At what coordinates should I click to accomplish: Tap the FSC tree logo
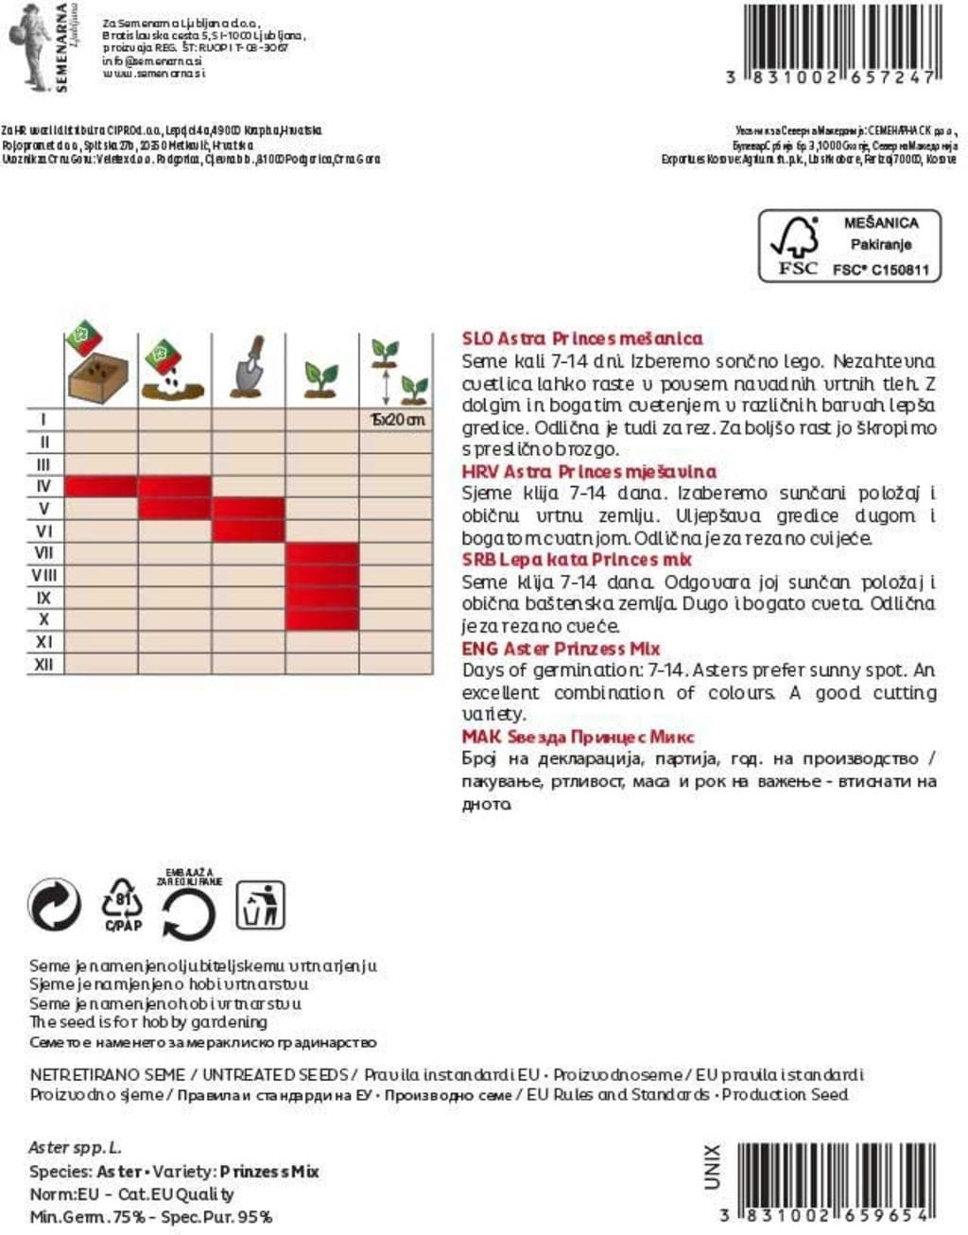click(795, 245)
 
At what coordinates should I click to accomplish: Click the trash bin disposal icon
click(260, 905)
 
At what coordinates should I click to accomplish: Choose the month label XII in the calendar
click(43, 664)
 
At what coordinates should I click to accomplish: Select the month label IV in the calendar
click(43, 486)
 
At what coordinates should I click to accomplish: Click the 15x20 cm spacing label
click(397, 419)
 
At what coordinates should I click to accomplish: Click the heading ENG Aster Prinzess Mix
click(561, 649)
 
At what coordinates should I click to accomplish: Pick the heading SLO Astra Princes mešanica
click(582, 338)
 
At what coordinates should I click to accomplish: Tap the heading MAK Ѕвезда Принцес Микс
click(578, 737)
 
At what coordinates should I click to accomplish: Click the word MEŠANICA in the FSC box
click(880, 223)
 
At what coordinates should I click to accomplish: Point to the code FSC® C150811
click(880, 270)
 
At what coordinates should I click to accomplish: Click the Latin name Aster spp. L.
click(76, 1147)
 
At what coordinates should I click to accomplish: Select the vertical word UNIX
click(712, 1167)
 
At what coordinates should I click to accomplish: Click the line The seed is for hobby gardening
click(148, 1022)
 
